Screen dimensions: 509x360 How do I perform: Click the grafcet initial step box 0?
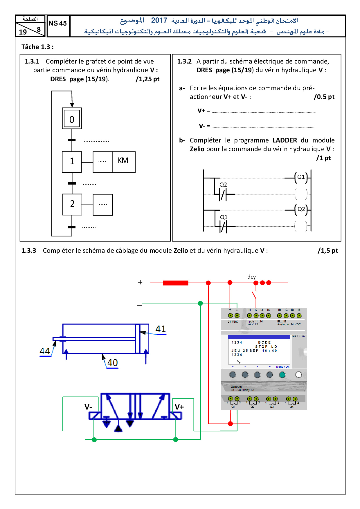tap(72, 118)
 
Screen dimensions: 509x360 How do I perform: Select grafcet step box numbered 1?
tap(72, 162)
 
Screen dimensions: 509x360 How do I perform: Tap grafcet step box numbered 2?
tap(72, 204)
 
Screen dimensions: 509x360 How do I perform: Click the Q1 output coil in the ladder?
tap(301, 177)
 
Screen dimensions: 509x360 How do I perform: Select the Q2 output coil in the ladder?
tap(301, 209)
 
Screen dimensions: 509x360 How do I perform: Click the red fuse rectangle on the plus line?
tap(175, 283)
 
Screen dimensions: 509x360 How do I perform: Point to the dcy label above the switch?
tap(251, 277)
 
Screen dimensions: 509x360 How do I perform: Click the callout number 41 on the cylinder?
tap(161, 329)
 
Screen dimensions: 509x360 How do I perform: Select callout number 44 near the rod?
tap(45, 351)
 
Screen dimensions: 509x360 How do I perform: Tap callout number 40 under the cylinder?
tap(112, 363)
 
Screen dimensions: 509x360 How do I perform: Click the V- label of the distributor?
tap(88, 407)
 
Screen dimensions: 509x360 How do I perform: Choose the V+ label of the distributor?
tap(179, 407)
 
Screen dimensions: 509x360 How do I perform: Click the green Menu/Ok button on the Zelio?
tap(282, 375)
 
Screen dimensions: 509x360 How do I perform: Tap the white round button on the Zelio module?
tap(298, 375)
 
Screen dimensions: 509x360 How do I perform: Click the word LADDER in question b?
tap(285, 140)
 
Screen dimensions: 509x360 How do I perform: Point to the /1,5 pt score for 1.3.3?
tap(327, 251)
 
